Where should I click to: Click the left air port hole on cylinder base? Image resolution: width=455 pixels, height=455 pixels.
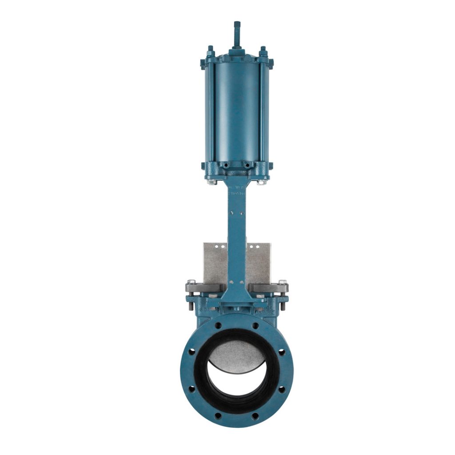(226, 165)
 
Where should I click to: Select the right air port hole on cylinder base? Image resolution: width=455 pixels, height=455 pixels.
(247, 165)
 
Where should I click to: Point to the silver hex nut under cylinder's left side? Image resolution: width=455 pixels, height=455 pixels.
(212, 182)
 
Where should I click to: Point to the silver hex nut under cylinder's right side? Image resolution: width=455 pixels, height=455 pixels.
(262, 182)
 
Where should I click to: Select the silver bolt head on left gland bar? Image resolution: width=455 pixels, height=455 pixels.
(191, 282)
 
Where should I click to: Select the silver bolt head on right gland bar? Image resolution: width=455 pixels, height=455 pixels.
(282, 282)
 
